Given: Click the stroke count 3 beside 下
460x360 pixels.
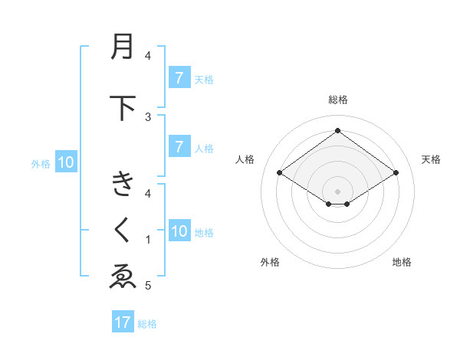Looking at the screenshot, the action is tap(148, 116).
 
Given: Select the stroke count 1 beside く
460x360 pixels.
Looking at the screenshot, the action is tap(148, 240).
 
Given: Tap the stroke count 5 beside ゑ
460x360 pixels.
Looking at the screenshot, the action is tap(148, 286).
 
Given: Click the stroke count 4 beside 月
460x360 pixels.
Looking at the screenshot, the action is tap(148, 55).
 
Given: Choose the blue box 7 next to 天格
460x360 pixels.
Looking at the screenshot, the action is tap(179, 78).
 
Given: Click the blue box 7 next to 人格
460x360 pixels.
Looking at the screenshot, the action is tap(179, 147).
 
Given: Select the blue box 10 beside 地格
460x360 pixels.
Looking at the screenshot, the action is tap(179, 231).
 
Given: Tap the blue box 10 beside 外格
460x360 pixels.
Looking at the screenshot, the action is tap(65, 162).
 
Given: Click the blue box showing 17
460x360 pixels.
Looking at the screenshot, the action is tap(122, 322).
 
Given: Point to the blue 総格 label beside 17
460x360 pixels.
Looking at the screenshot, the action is tap(147, 323).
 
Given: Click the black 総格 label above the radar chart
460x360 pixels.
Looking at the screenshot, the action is tap(337, 100).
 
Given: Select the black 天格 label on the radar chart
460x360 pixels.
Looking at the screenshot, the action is tap(431, 159).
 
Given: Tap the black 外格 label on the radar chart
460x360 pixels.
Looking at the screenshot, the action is tap(270, 262).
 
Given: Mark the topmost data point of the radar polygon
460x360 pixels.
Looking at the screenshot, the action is tap(337, 130).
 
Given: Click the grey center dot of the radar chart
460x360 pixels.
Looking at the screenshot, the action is tap(337, 191).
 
